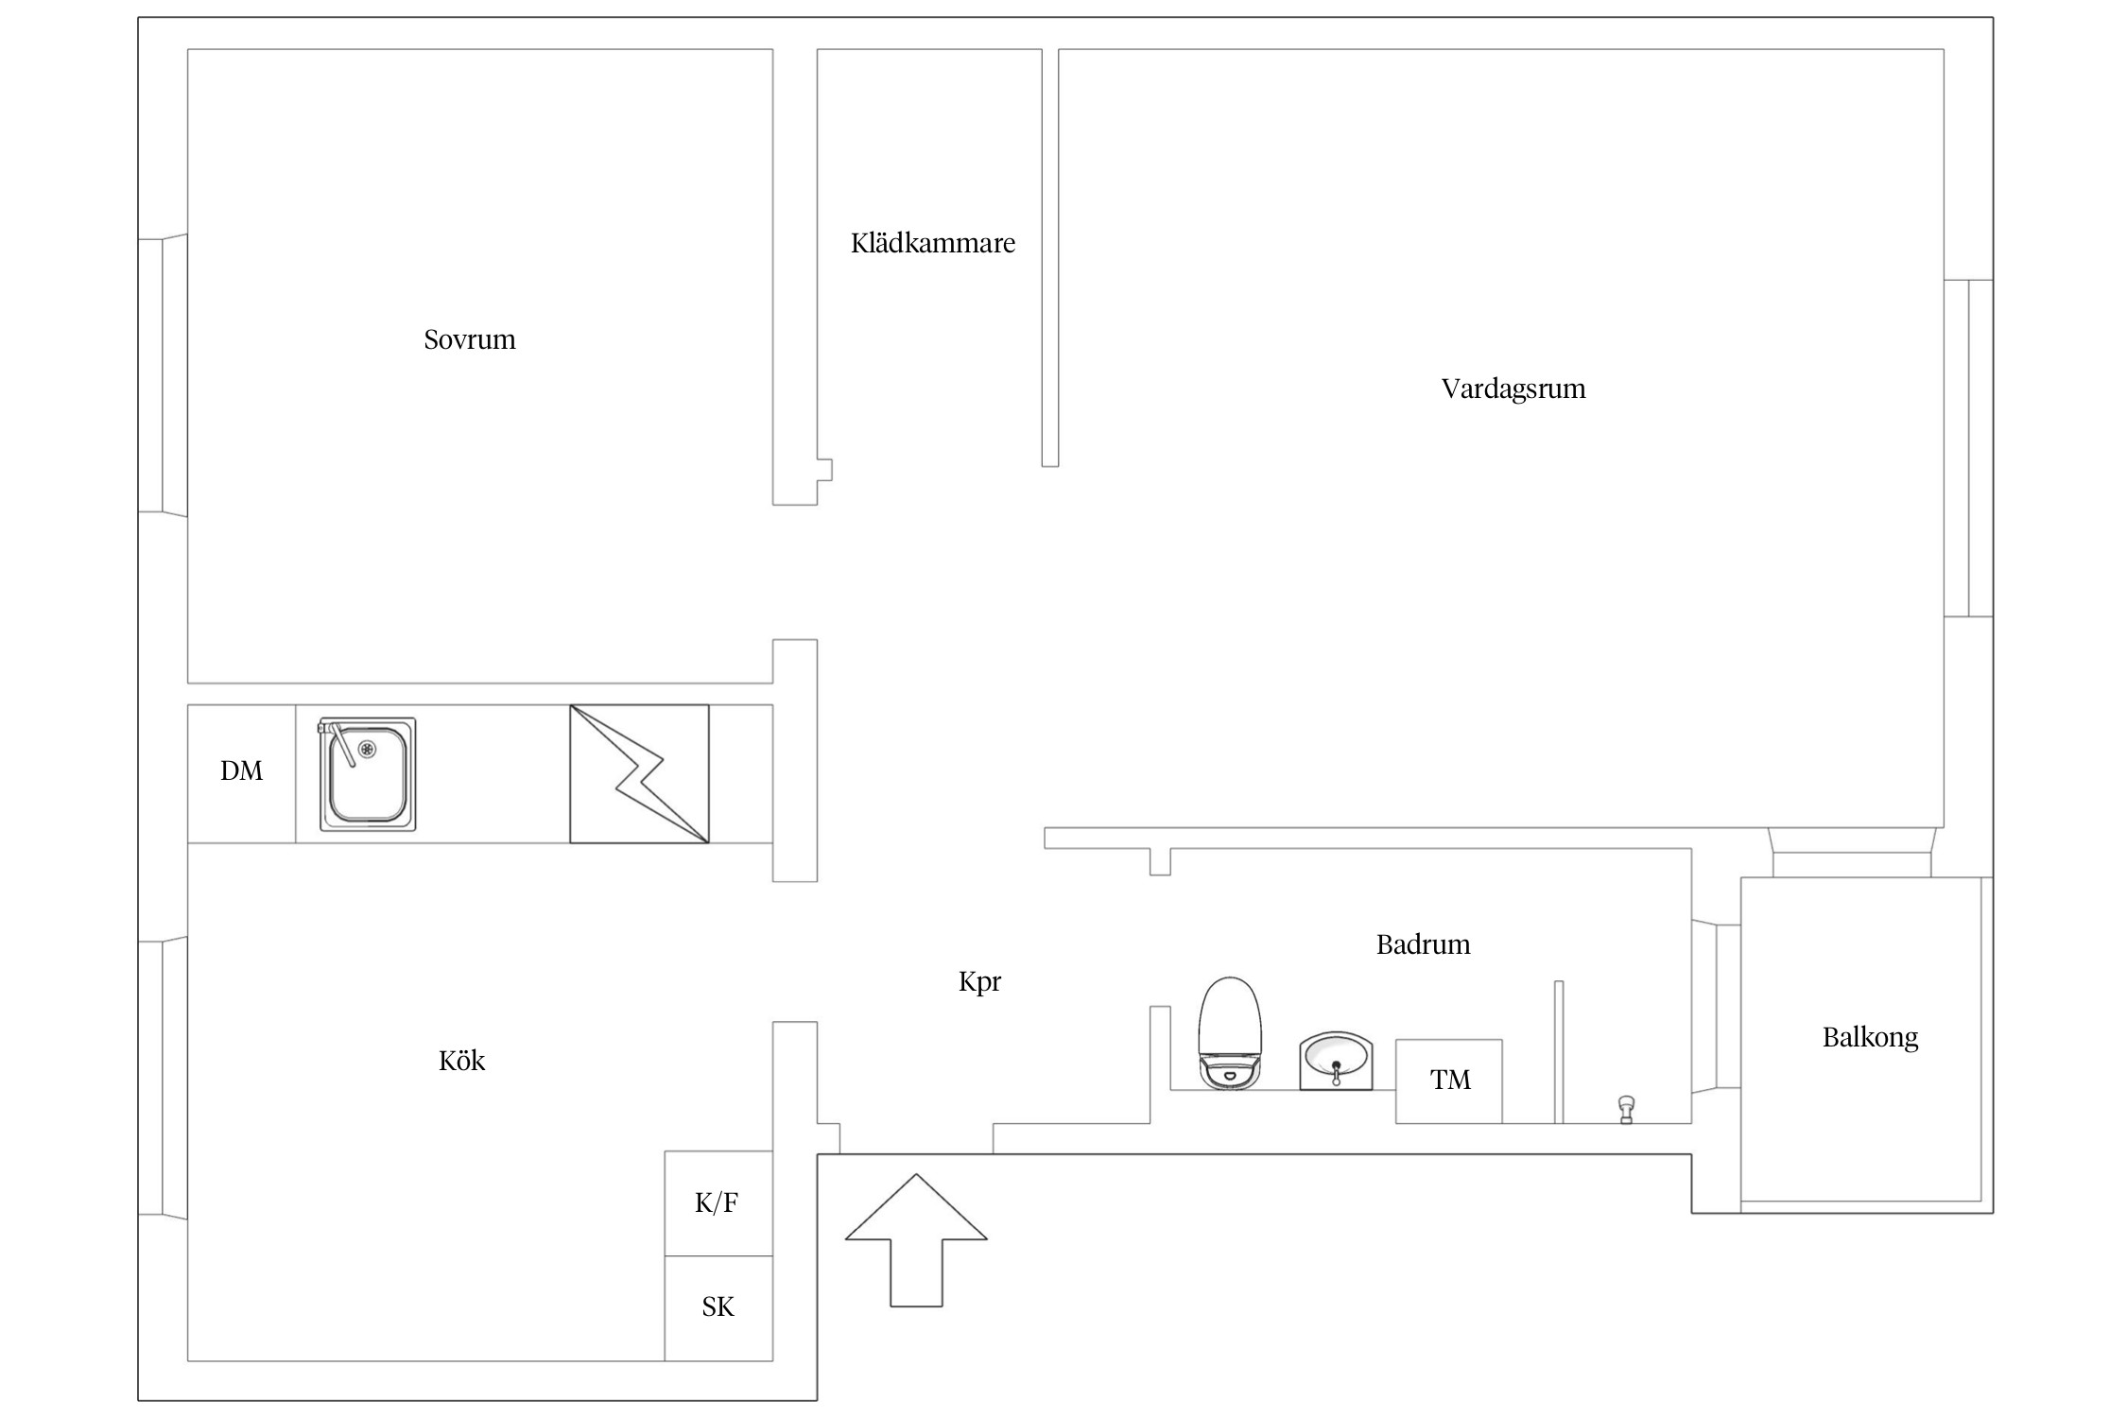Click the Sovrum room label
[470, 339]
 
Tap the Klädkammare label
[933, 243]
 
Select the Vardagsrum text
[1513, 389]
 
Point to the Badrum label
[1424, 944]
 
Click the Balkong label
[1871, 1038]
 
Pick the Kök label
[462, 1061]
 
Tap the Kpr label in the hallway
[979, 982]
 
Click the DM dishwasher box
[242, 773]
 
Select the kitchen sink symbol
[367, 774]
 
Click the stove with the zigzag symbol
[639, 773]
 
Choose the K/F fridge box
[718, 1203]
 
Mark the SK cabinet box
[718, 1308]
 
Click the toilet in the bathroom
[1230, 1033]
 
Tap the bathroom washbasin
[1336, 1061]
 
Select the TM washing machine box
[1449, 1081]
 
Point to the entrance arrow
[916, 1240]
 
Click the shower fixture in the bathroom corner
[1626, 1109]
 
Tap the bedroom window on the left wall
[163, 375]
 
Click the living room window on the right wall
[1968, 448]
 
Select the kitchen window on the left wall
[163, 1079]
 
